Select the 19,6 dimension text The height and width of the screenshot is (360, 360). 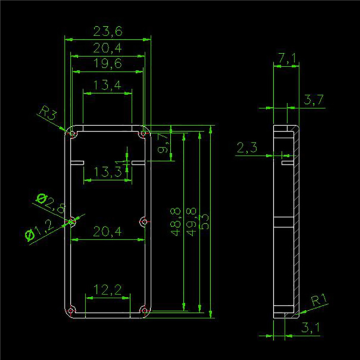tap(107, 63)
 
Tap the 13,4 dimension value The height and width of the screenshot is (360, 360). tap(106, 85)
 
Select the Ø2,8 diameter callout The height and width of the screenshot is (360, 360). tap(50, 203)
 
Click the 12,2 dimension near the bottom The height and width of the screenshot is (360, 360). tap(107, 290)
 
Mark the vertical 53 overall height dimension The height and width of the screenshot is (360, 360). tap(204, 220)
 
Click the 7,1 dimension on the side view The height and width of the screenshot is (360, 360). tap(286, 58)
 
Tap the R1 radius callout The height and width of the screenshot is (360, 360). tap(319, 300)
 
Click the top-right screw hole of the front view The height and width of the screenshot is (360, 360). tap(143, 133)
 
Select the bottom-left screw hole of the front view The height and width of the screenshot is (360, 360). tap(72, 311)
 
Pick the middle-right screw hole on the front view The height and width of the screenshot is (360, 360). tap(143, 221)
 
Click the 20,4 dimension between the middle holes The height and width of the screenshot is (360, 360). tap(107, 231)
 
